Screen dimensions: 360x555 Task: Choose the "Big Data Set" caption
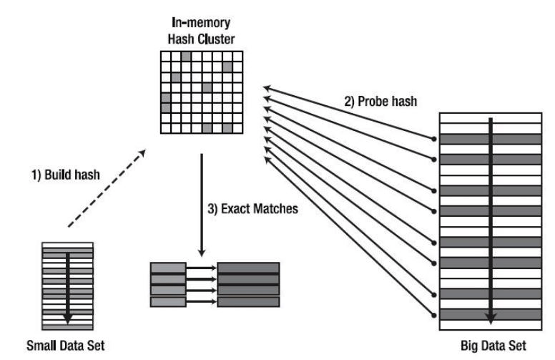pos(490,346)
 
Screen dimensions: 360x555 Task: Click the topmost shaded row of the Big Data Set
pos(490,139)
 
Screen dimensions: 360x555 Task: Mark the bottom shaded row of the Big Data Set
pos(490,314)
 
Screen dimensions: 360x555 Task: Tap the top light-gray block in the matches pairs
pos(169,268)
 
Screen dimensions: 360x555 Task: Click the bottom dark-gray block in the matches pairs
pos(248,302)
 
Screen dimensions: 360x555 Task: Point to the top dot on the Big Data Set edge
pos(433,139)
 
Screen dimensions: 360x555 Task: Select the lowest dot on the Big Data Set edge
pos(433,313)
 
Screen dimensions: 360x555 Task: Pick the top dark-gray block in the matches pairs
pos(248,268)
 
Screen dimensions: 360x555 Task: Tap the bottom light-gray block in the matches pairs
pos(169,302)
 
